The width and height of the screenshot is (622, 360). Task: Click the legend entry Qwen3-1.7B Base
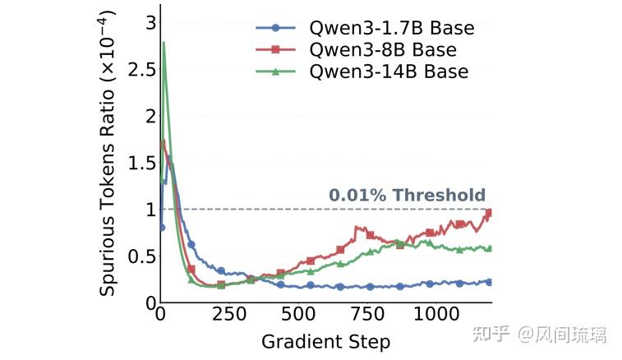tap(365, 28)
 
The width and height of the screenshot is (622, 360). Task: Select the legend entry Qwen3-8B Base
tap(357, 49)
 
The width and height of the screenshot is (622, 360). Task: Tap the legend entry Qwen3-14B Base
tap(362, 72)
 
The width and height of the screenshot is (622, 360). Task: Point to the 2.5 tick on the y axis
tap(141, 69)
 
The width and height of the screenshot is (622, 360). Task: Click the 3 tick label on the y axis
tap(150, 23)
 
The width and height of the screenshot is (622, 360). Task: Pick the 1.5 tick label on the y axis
tap(141, 163)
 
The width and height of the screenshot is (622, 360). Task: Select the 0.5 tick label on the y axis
tap(141, 256)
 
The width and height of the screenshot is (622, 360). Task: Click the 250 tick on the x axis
tap(229, 314)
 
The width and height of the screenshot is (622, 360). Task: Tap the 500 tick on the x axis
tap(298, 314)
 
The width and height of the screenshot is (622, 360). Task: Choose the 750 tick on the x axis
tap(368, 314)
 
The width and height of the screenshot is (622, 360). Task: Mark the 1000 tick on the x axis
tap(436, 314)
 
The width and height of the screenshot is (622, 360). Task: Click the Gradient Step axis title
tap(325, 342)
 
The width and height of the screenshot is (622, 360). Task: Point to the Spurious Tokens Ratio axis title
tap(107, 153)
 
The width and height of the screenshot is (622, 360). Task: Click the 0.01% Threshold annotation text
tap(407, 195)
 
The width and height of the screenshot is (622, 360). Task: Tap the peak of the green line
tap(164, 42)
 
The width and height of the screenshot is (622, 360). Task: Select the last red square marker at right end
tap(489, 213)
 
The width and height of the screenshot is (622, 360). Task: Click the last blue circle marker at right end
tap(489, 282)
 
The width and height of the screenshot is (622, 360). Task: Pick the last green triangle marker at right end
tap(489, 248)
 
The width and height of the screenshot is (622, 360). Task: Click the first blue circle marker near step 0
tap(161, 228)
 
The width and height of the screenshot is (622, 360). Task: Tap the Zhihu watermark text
tap(540, 335)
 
